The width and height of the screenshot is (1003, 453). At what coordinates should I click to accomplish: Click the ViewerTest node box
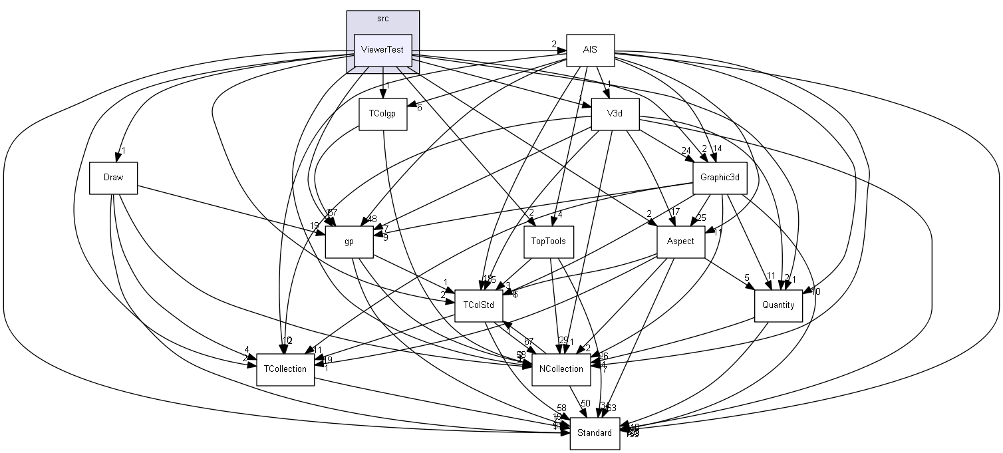[x=382, y=50]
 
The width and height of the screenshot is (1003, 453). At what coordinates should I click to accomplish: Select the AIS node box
[x=589, y=50]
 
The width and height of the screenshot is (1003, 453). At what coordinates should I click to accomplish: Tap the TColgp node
[x=382, y=114]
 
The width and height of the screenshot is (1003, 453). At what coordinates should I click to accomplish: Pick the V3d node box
[x=615, y=114]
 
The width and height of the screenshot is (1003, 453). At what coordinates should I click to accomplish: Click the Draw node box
[x=113, y=178]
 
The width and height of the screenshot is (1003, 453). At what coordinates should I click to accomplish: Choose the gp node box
[x=349, y=241]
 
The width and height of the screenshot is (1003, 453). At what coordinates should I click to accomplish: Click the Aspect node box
[x=680, y=241]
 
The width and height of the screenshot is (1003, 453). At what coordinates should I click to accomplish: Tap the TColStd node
[x=478, y=305]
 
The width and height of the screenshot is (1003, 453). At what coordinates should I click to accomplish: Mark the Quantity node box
[x=778, y=305]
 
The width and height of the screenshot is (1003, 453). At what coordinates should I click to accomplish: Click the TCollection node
[x=285, y=369]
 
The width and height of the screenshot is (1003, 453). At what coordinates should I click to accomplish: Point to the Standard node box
[x=594, y=432]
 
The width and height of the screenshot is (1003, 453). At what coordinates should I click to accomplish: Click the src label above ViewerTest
[x=382, y=19]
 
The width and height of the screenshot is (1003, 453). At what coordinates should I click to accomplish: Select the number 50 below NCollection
[x=585, y=403]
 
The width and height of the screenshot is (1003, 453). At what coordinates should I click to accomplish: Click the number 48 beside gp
[x=372, y=219]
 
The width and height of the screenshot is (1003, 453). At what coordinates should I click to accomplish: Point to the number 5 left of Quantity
[x=746, y=277]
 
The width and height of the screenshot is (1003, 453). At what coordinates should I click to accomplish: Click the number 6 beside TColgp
[x=419, y=108]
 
